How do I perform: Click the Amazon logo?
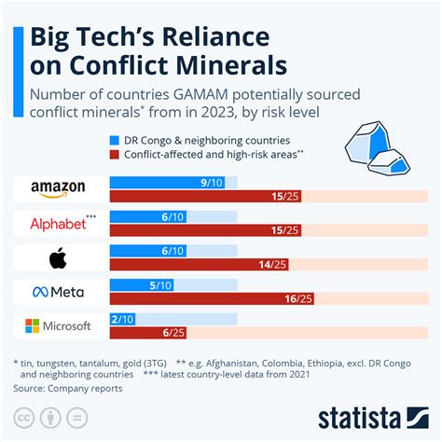pos(58,189)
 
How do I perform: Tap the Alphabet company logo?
pos(58,224)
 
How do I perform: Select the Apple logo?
pos(58,258)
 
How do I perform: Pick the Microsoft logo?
pos(58,326)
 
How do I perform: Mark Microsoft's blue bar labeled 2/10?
pos(122,319)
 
